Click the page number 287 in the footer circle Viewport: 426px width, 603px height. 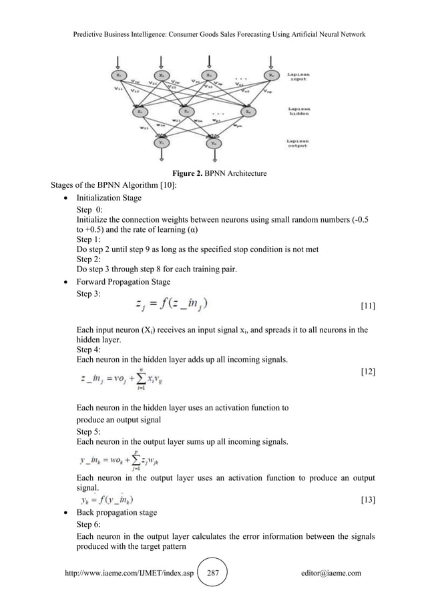[x=214, y=573]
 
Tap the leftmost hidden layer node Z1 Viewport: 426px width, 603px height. [x=140, y=111]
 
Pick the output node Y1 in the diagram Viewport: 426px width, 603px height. [x=162, y=142]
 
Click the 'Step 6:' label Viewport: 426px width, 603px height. [x=89, y=525]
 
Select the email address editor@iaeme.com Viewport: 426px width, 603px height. [x=331, y=573]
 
